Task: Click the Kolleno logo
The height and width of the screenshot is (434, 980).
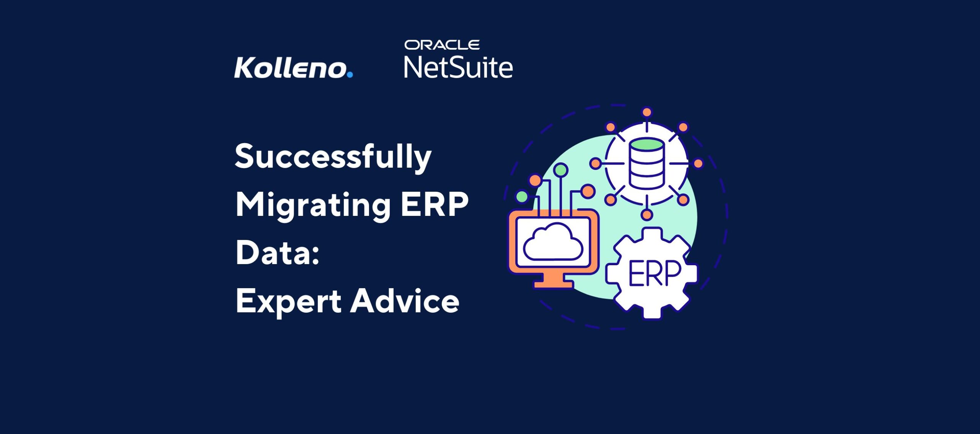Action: pos(294,68)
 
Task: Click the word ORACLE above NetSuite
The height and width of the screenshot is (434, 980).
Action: pos(442,45)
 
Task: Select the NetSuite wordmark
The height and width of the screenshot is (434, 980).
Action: pos(458,67)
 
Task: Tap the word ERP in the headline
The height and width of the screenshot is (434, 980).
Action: pos(434,204)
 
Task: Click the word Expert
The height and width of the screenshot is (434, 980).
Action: pos(288,302)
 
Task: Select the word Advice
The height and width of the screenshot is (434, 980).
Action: pos(405,301)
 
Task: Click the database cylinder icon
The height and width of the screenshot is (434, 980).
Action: pos(647,164)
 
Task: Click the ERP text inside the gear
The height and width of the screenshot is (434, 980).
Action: pos(654,273)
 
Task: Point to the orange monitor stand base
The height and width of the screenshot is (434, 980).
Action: pos(554,284)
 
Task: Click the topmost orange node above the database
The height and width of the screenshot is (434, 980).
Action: pos(647,112)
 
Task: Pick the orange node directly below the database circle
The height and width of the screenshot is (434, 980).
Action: pos(647,215)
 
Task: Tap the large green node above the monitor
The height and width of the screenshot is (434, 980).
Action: pos(561,170)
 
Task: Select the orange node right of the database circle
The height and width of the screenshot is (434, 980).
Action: pos(698,163)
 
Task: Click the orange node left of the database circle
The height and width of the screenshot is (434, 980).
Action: pos(595,164)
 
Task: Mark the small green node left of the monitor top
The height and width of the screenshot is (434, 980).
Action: pos(522,197)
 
